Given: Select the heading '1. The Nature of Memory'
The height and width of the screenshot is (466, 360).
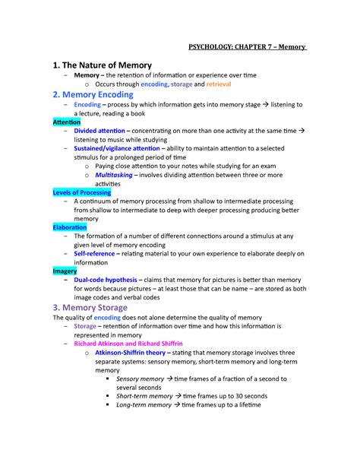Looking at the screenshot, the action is coord(102,65).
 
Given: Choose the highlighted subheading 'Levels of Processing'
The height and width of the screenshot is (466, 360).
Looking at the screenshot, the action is coord(82,192).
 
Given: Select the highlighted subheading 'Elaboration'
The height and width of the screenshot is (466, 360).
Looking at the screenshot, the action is coord(70,227).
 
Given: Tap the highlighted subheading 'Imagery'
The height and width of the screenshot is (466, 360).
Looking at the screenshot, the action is coord(65,271).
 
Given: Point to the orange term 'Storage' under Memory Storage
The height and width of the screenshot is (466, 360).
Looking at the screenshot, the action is coord(85,326).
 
